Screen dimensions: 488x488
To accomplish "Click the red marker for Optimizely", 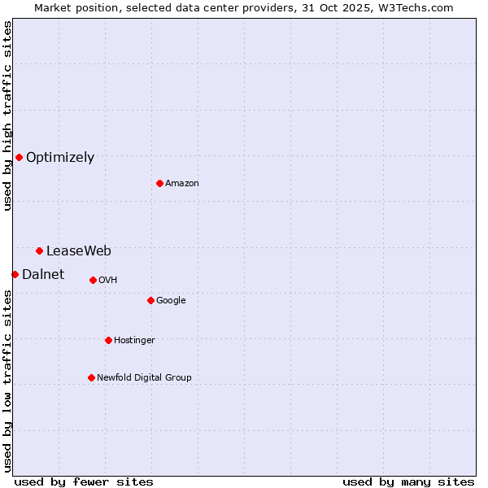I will tap(19, 157).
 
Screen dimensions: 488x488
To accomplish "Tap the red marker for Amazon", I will tap(159, 183).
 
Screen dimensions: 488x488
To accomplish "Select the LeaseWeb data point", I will tap(39, 251).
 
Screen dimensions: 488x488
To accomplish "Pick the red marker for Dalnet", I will tap(15, 274).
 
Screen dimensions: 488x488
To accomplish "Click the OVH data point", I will tap(93, 280).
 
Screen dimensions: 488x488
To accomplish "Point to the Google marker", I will tap(150, 300).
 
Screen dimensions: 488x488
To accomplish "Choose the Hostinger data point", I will tap(108, 340).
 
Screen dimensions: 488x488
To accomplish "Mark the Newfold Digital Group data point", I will tap(91, 377).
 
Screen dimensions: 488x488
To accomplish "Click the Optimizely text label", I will tap(60, 158).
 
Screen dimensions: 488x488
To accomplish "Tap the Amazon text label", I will tap(182, 184).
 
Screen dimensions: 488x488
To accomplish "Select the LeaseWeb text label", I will tap(79, 251).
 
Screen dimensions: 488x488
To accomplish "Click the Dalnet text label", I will tap(43, 275).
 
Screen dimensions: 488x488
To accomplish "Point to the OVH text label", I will tap(108, 281).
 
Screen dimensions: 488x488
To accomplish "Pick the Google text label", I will tap(171, 301).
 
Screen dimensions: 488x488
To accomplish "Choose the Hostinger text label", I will tap(134, 341).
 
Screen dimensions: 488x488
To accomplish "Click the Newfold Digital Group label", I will tap(144, 378).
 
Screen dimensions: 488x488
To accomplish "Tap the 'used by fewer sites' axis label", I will tap(84, 481).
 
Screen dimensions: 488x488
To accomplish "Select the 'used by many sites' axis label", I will tap(408, 481).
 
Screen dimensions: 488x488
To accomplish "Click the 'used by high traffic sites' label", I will tap(7, 115).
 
